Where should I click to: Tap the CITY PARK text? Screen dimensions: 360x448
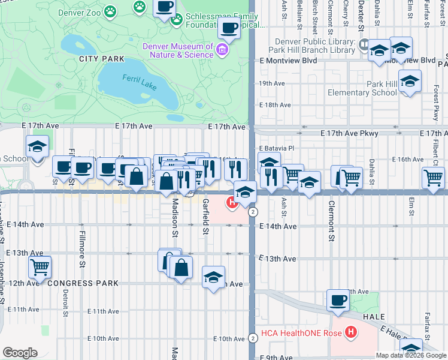tap(101, 59)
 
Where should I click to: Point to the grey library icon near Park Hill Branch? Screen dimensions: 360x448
tap(362, 44)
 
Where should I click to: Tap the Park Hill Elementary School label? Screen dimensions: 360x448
tap(362, 88)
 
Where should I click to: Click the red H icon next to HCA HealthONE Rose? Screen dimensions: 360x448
tap(352, 332)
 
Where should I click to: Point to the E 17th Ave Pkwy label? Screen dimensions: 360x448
tap(349, 133)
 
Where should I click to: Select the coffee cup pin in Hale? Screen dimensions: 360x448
tap(338, 299)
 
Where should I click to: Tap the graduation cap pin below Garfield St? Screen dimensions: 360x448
tap(213, 277)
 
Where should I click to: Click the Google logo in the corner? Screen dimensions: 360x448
tap(20, 353)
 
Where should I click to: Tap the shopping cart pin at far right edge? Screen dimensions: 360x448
tap(433, 176)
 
